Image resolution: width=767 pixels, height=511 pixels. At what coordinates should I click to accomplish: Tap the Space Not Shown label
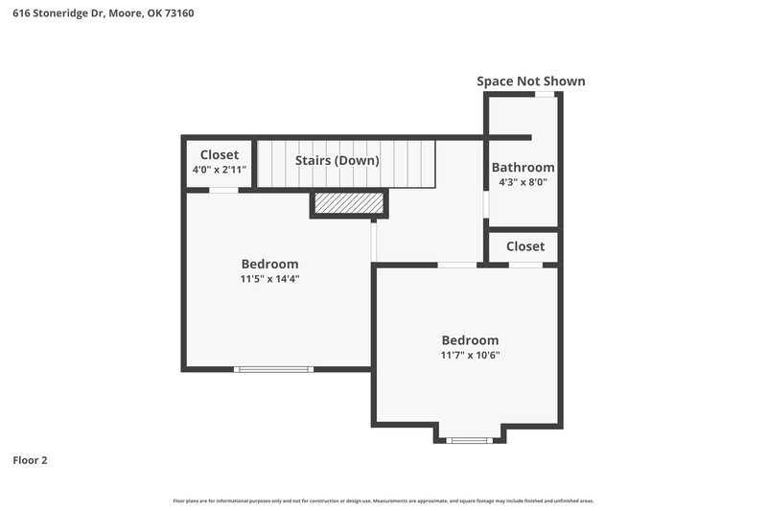coord(530,81)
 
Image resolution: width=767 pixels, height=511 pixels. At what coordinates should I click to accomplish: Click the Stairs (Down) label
coord(337,160)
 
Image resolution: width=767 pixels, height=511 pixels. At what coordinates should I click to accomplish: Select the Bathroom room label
coord(523,167)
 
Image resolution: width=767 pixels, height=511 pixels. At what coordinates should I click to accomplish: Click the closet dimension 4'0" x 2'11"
coord(220,170)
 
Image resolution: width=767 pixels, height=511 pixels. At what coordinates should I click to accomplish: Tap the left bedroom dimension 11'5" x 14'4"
coord(269,279)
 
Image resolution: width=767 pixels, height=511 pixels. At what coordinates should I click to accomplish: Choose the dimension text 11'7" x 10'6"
coord(470,355)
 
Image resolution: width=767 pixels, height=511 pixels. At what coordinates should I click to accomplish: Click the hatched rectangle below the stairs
coord(348,204)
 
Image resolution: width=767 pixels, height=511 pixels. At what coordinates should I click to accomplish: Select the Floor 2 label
coord(30,460)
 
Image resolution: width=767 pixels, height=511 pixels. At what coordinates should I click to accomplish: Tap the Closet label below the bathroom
coord(524,246)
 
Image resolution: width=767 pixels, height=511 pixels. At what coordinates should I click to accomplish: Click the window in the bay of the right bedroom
coord(469,440)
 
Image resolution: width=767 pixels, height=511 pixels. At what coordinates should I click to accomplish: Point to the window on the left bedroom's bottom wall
coord(274,368)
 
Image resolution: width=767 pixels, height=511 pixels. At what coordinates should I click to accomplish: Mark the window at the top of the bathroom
coord(544,94)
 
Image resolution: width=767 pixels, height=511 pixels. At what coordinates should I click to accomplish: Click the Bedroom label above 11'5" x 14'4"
coord(269,264)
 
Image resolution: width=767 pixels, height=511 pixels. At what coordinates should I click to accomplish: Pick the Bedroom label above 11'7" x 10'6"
coord(470,339)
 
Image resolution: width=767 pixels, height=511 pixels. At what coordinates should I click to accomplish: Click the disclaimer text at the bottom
coord(383,500)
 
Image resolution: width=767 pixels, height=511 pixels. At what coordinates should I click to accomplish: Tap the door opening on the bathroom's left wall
coord(486,204)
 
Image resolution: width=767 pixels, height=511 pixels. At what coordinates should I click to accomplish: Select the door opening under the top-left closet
coord(224,190)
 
